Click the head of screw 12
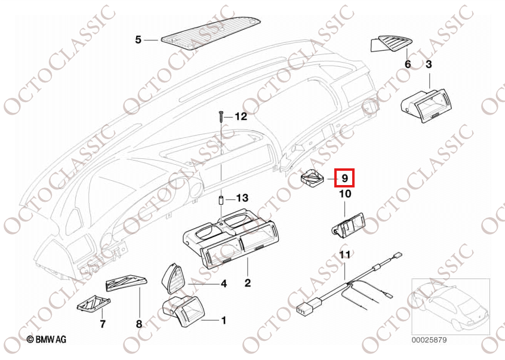pyautogui.click(x=221, y=112)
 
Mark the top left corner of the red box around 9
pyautogui.click(x=335, y=169)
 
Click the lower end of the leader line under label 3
pyautogui.click(x=430, y=88)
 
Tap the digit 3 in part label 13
pyautogui.click(x=245, y=198)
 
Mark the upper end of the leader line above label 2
pyautogui.click(x=247, y=257)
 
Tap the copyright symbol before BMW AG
pyautogui.click(x=30, y=339)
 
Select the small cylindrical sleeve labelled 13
pyautogui.click(x=221, y=199)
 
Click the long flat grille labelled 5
pyautogui.click(x=210, y=34)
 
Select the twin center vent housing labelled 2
pyautogui.click(x=229, y=238)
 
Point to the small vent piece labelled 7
pyautogui.click(x=94, y=304)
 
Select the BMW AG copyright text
pyautogui.click(x=47, y=339)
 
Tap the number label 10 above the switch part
pyautogui.click(x=344, y=194)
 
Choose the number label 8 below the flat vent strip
pyautogui.click(x=139, y=324)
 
